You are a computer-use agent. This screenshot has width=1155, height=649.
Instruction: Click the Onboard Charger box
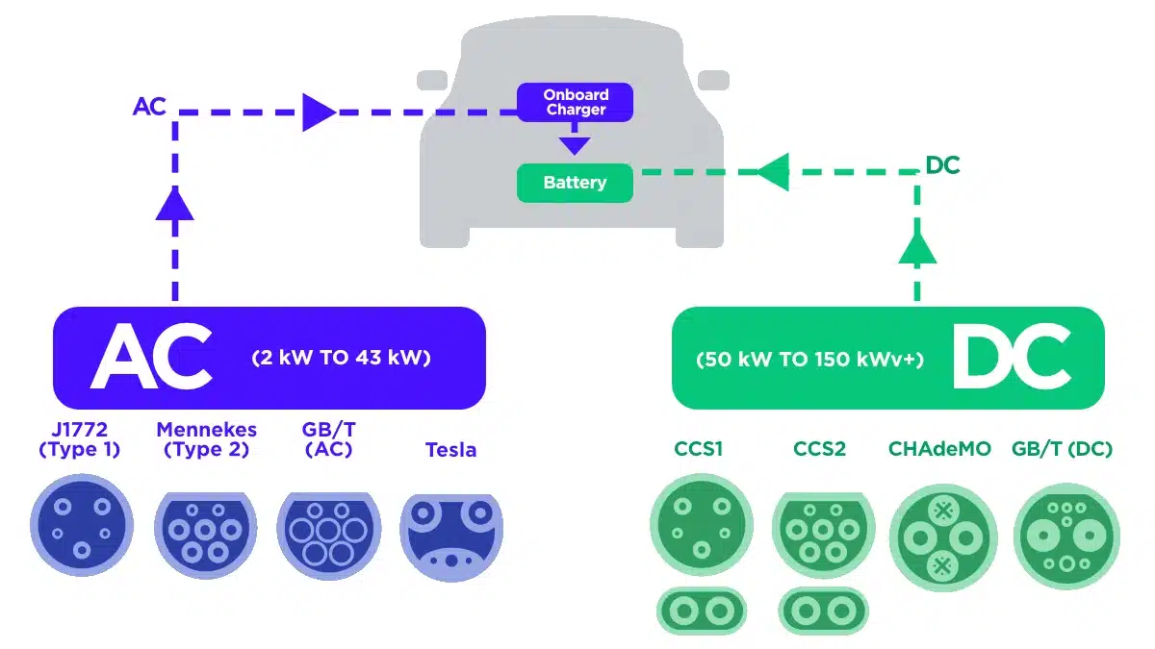tap(575, 102)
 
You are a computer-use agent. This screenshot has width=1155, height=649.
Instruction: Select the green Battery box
tap(575, 183)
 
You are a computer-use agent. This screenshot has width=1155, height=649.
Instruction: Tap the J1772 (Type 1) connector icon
tap(81, 529)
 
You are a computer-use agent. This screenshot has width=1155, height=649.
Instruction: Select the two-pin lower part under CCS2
tap(823, 610)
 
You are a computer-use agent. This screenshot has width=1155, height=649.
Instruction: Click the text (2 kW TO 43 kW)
tap(341, 358)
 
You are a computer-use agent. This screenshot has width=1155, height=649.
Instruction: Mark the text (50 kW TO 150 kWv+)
tap(809, 360)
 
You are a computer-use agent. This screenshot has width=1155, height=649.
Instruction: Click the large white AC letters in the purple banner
tap(151, 356)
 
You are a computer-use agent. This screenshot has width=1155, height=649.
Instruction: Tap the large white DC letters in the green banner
tap(1012, 357)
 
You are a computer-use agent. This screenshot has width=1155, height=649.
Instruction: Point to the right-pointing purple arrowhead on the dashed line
tap(318, 112)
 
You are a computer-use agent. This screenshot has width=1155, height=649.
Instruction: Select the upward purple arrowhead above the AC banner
tap(175, 203)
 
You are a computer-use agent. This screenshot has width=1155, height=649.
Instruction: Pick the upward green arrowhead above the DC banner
tap(917, 247)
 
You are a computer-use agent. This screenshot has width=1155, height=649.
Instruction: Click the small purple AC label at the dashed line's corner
tap(149, 107)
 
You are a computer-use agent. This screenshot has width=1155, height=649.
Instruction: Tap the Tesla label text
tap(450, 450)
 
